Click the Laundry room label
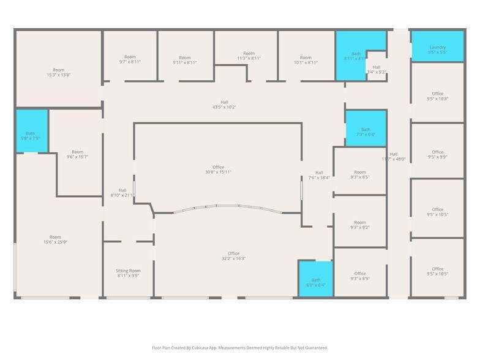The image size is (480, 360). point(437,47)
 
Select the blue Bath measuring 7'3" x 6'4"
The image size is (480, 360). point(366,129)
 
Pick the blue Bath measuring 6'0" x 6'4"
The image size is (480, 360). point(315,280)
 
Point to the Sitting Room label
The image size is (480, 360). point(128,271)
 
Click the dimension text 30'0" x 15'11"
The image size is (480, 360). point(218,172)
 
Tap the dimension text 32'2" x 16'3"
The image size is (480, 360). point(233,258)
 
